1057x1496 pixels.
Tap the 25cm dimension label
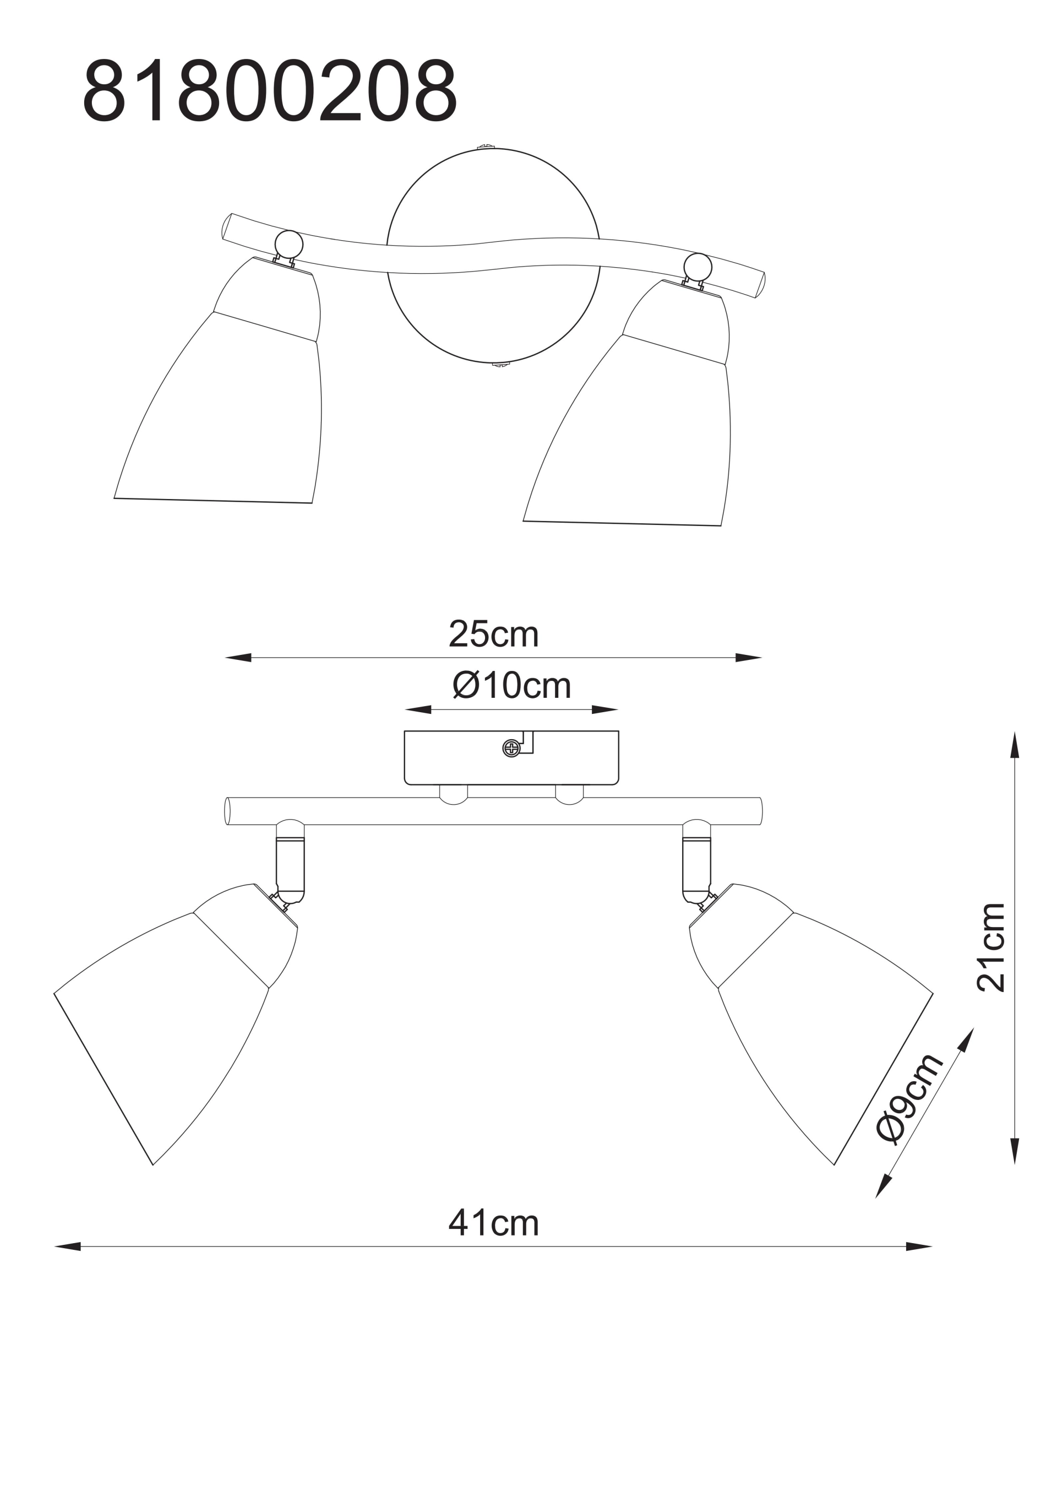(494, 634)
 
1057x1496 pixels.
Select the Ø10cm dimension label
(512, 685)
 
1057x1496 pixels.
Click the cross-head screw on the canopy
(512, 749)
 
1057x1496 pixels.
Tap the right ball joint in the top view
(698, 267)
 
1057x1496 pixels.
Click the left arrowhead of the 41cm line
(68, 1246)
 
